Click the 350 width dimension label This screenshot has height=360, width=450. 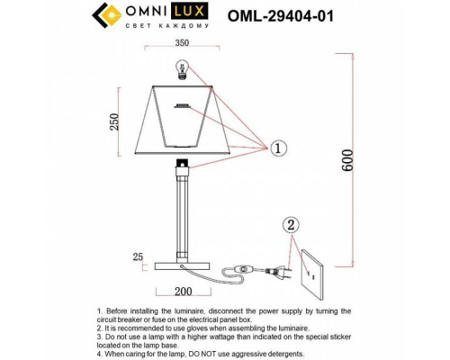(184, 41)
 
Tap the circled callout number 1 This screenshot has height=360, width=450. (279, 147)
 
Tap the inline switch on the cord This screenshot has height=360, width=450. (241, 268)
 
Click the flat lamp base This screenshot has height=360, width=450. (184, 266)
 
